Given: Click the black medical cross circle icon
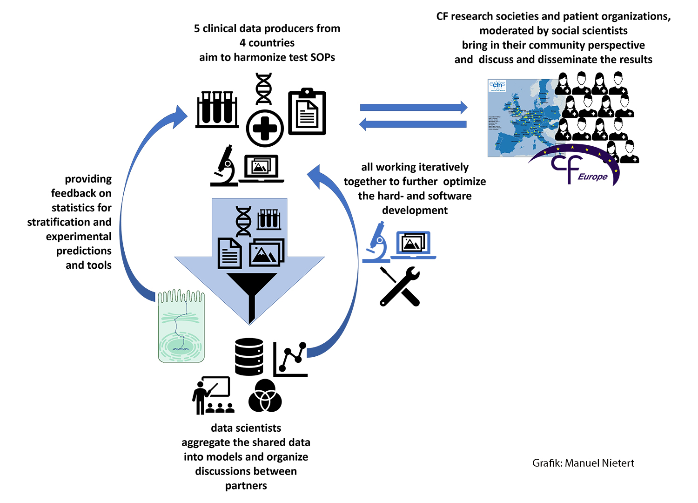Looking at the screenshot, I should pyautogui.click(x=265, y=129).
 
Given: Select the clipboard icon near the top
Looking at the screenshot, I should pyautogui.click(x=307, y=111).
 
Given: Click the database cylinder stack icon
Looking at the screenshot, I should pyautogui.click(x=249, y=357).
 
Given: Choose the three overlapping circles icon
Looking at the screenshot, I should pyautogui.click(x=265, y=396).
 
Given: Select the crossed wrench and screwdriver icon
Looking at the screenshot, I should pyautogui.click(x=400, y=286).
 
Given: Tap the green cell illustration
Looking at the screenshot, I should pyautogui.click(x=181, y=326).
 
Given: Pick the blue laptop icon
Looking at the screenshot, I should pyautogui.click(x=413, y=245).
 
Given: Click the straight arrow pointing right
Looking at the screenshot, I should pyautogui.click(x=414, y=107).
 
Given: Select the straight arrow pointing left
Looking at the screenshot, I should pyautogui.click(x=413, y=124).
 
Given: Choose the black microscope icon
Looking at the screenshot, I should pyautogui.click(x=224, y=166).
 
